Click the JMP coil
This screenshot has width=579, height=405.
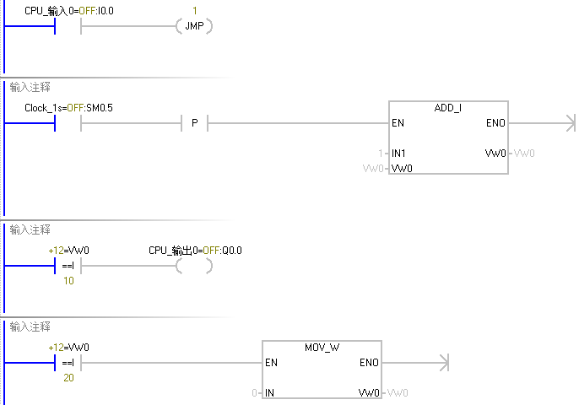pos(194,27)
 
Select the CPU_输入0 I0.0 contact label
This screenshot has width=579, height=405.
pos(69,10)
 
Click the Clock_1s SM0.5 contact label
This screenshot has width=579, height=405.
pos(68,108)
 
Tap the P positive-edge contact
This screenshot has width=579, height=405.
pos(195,124)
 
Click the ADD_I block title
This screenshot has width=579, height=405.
pos(448,109)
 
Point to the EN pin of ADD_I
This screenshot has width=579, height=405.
pos(398,123)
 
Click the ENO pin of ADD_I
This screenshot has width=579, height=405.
pos(495,123)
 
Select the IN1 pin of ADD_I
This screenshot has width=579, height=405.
pos(399,154)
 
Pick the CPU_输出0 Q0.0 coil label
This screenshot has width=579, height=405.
pos(195,251)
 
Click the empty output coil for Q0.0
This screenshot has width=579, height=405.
pos(194,267)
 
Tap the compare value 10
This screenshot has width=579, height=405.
pos(68,281)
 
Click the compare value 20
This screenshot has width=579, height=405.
pos(68,378)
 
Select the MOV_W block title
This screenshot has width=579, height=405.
pos(322,348)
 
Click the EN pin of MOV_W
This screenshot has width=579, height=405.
pos(272,363)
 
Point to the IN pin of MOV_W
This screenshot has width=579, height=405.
pos(270,393)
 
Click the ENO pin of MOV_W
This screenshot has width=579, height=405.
pos(369,363)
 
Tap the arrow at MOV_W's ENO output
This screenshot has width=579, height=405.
pos(440,363)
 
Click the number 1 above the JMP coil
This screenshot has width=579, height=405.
pos(194,10)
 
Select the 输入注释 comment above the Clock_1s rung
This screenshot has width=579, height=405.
pos(30,86)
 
